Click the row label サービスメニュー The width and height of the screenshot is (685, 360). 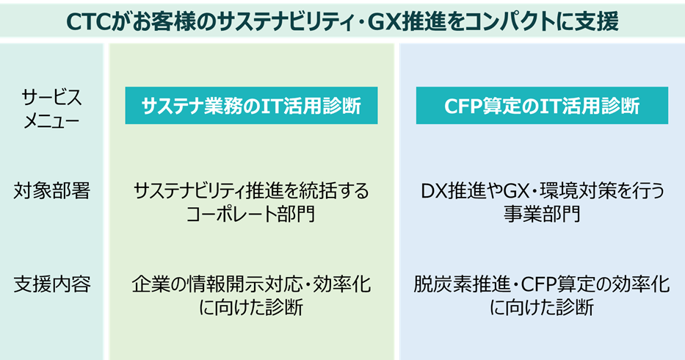tap(51, 108)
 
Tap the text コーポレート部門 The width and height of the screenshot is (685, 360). tap(251, 214)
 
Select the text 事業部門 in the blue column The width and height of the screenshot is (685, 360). tap(542, 214)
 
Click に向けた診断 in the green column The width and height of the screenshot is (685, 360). tap(251, 307)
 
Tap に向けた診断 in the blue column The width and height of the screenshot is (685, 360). tap(542, 307)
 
